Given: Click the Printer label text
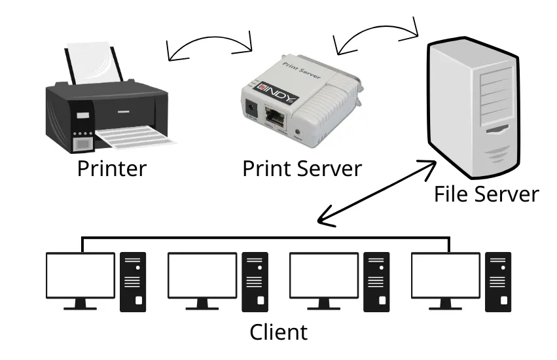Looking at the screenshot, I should (112, 168).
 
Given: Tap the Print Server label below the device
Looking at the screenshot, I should (302, 168).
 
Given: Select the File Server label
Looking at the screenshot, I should (486, 194).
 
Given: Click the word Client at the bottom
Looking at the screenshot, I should (278, 332).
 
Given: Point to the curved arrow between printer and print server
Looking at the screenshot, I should (209, 43).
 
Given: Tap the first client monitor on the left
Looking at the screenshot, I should (80, 276).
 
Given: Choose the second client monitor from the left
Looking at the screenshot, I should (202, 276).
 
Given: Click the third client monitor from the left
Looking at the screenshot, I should (324, 276).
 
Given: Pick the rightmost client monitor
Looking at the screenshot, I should (446, 276).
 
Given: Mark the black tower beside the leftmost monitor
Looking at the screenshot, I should (133, 281).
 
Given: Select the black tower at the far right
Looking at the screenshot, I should (498, 281).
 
